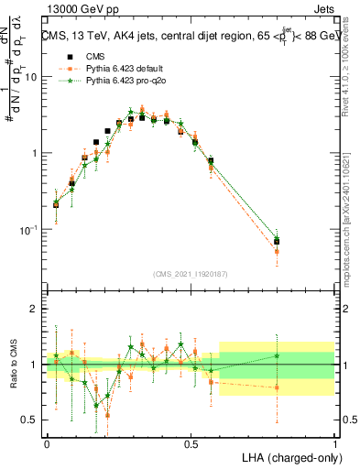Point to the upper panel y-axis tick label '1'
tap(35, 153)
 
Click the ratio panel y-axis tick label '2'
tap(35, 310)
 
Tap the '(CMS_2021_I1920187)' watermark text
tap(191, 272)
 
